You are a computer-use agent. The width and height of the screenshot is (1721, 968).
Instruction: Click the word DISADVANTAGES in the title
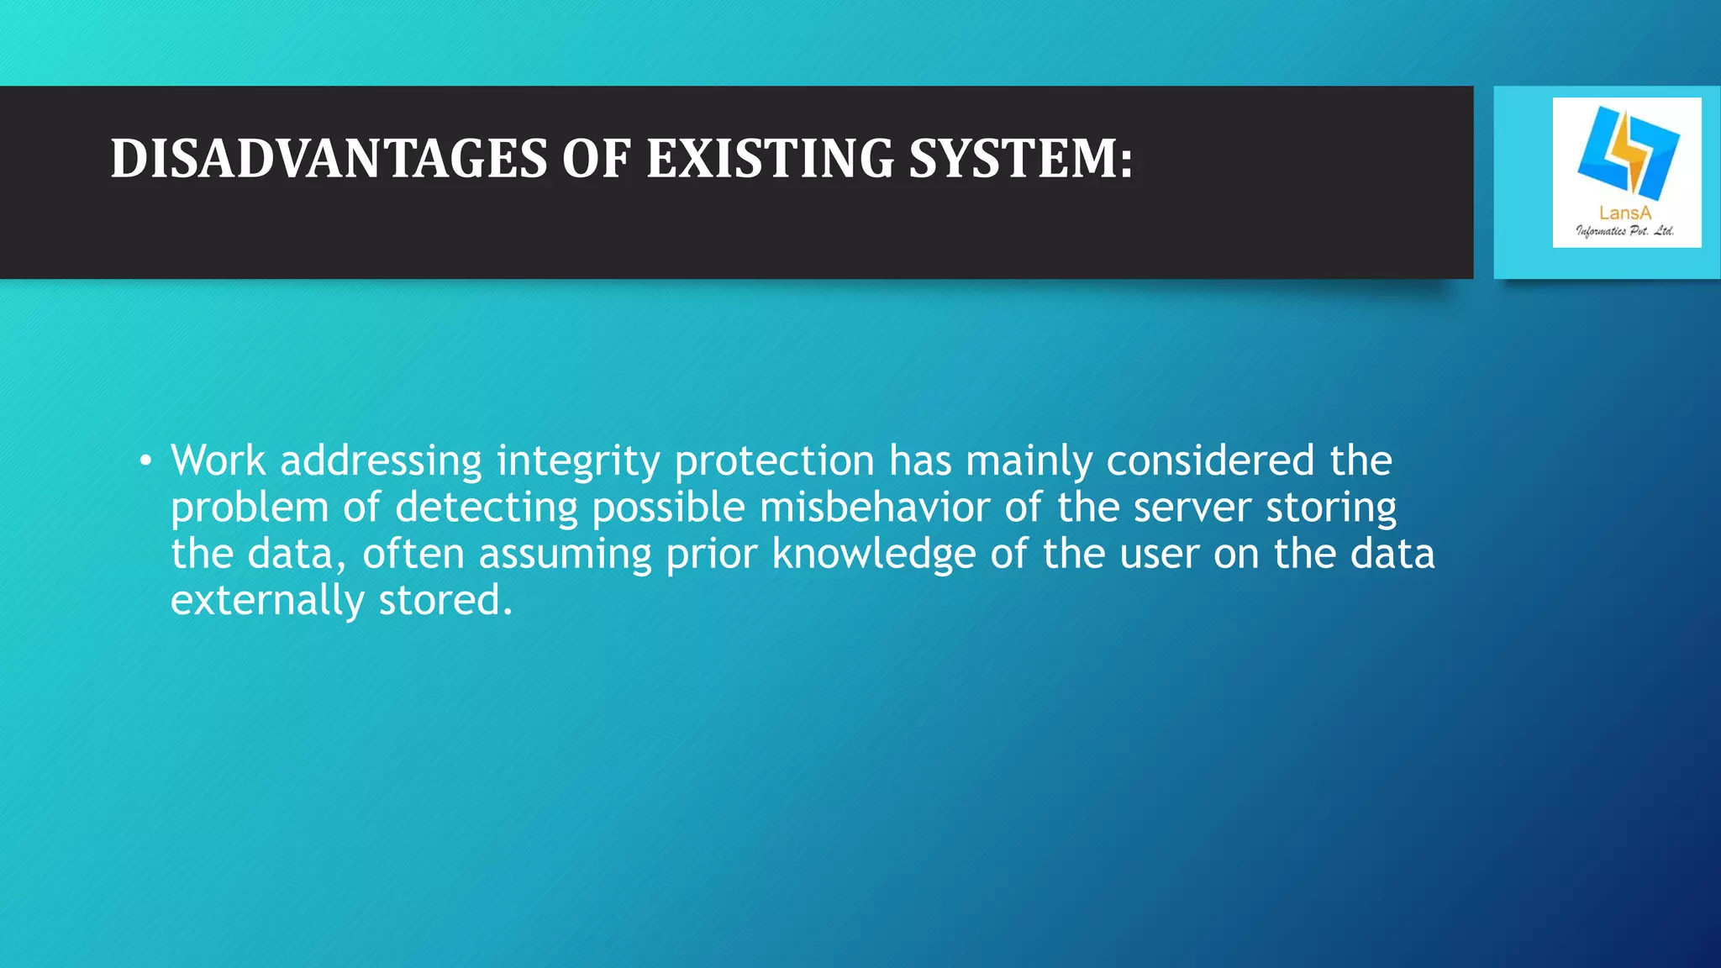329,159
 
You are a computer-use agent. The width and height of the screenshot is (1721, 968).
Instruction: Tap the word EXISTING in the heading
770,159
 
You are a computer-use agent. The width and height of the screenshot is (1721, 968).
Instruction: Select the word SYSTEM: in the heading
1021,159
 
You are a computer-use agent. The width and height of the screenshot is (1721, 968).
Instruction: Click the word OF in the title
596,159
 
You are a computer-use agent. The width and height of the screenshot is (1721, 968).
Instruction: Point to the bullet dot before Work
146,461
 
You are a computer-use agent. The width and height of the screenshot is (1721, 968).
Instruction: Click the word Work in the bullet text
218,460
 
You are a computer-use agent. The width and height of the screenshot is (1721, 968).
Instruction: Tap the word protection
774,462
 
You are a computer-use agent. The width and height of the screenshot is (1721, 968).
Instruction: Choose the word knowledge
873,555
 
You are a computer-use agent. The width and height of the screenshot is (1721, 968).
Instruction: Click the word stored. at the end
445,601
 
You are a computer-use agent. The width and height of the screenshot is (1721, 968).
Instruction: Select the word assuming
565,555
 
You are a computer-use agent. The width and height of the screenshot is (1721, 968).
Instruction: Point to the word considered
1210,460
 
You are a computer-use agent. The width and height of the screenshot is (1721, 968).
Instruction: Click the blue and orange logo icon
1628,150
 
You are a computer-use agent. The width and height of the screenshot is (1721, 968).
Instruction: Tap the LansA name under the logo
1625,213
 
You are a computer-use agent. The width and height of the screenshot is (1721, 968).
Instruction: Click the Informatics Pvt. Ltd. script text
1625,231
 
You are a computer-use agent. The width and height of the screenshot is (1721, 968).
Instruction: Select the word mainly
1028,462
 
